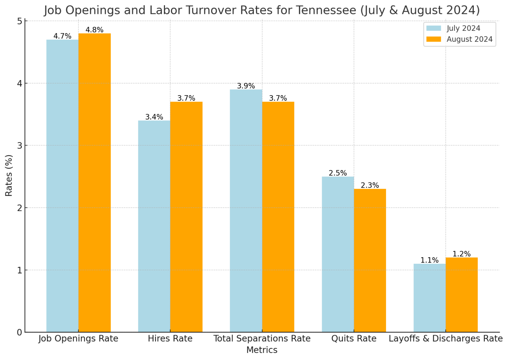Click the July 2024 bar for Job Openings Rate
(x=62, y=185)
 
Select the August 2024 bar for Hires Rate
(x=186, y=217)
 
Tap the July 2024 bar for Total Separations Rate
(x=246, y=210)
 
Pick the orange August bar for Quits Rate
(x=370, y=260)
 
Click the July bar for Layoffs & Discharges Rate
(x=429, y=298)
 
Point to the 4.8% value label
(x=95, y=30)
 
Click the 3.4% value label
(x=154, y=117)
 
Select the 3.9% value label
(x=246, y=86)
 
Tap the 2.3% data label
(x=370, y=186)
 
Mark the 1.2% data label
(x=461, y=254)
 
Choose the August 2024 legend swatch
(x=434, y=39)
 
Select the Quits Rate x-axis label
(x=354, y=339)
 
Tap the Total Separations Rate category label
(x=262, y=339)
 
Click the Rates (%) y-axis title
(x=9, y=175)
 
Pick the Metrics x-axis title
(x=262, y=350)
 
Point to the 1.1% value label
(x=429, y=260)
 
